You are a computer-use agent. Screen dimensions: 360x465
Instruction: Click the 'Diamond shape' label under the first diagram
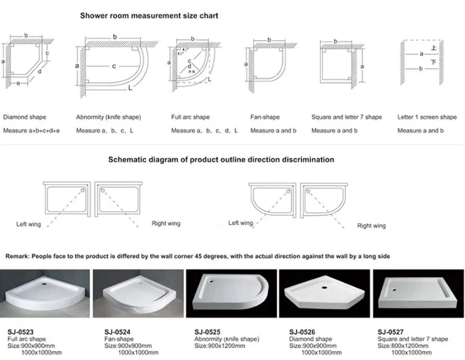pyautogui.click(x=24, y=117)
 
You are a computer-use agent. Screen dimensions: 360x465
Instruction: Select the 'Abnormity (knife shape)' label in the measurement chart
pyautogui.click(x=108, y=117)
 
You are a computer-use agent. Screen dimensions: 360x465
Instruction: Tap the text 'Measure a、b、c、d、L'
pyautogui.click(x=200, y=131)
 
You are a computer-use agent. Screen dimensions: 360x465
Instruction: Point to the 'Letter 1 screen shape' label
pyautogui.click(x=427, y=117)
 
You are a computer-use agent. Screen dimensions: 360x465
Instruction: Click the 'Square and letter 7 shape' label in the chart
pyautogui.click(x=346, y=117)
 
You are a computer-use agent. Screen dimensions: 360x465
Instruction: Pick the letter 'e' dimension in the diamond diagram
pyautogui.click(x=19, y=82)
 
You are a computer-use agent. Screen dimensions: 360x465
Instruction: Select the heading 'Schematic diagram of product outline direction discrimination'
pyautogui.click(x=221, y=159)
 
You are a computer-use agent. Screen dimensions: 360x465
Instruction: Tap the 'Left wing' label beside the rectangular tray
pyautogui.click(x=29, y=224)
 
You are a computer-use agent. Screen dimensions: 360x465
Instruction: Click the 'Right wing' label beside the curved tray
pyautogui.click(x=371, y=226)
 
